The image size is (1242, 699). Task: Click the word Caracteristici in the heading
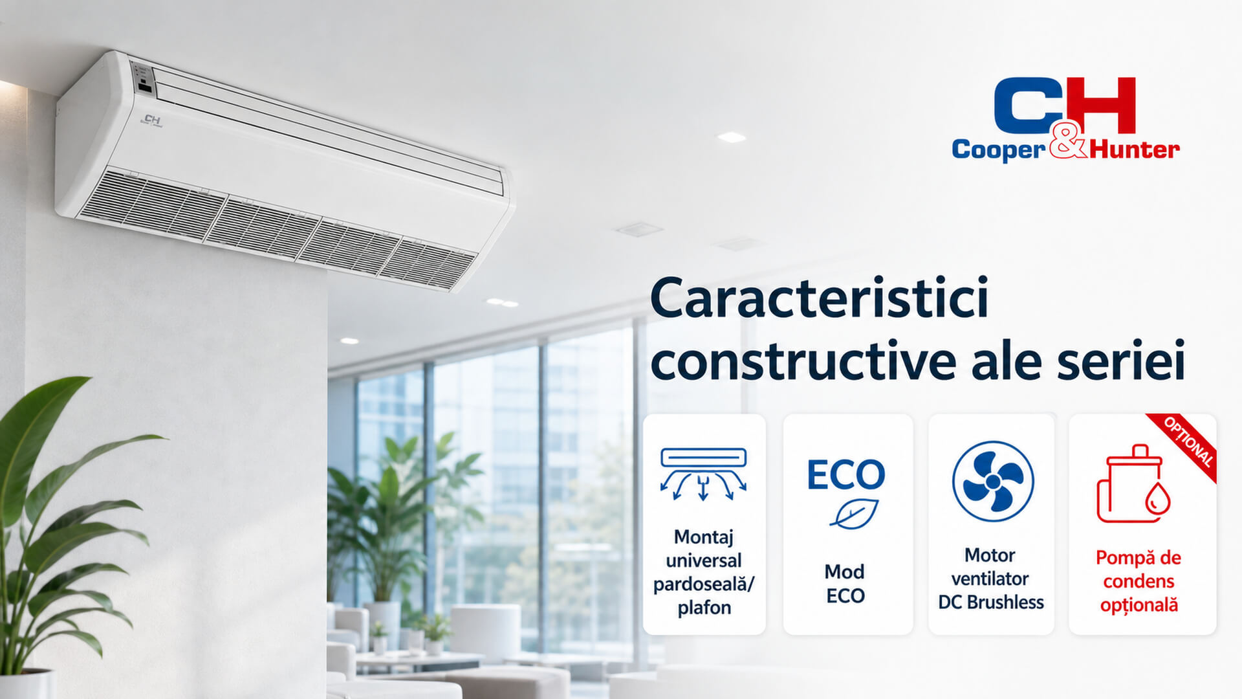(820, 298)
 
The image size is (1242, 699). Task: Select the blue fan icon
(993, 482)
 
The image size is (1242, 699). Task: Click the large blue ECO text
(845, 474)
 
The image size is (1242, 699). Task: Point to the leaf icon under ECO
(854, 514)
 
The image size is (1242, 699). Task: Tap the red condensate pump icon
(1134, 484)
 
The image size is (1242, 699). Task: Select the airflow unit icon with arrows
(704, 475)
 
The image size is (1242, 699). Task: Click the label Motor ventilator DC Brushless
(990, 579)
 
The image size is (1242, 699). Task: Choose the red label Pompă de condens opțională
(1138, 581)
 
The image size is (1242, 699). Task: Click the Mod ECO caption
(845, 583)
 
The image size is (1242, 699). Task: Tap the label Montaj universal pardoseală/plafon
(704, 572)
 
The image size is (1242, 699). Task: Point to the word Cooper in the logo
(999, 150)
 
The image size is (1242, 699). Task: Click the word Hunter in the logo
(1135, 150)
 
